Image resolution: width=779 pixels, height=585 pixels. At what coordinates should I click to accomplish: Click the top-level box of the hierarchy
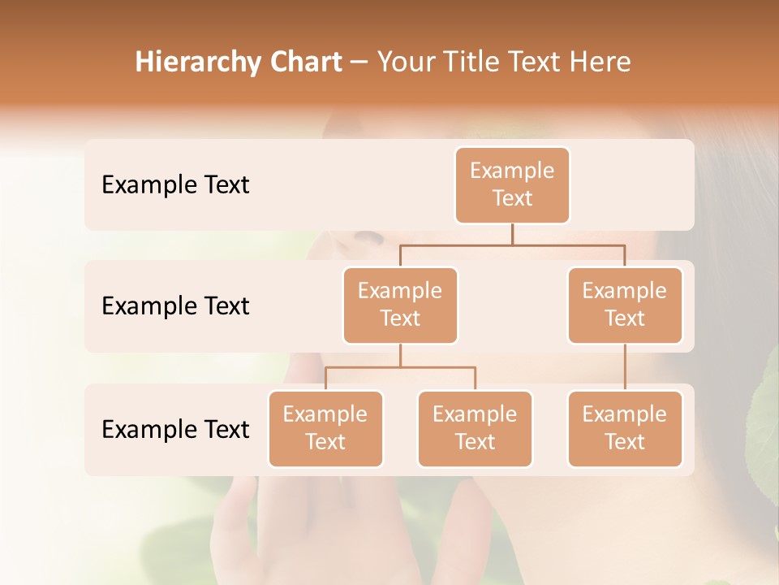tap(512, 185)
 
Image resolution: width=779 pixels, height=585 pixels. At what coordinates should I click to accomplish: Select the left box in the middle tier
tap(400, 305)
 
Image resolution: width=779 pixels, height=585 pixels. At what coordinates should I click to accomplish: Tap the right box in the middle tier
tap(625, 305)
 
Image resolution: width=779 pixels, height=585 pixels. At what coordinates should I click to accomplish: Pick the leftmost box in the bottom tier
tap(325, 429)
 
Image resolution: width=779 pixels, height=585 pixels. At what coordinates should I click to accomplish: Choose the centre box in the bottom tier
tap(475, 429)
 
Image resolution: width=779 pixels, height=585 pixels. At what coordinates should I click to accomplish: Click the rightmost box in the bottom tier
tap(625, 429)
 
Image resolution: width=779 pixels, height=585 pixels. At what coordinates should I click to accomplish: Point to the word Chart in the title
tap(305, 62)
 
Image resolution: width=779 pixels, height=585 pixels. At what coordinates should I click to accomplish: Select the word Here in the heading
tap(600, 62)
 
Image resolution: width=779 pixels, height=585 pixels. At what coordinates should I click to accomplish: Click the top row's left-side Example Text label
tap(175, 185)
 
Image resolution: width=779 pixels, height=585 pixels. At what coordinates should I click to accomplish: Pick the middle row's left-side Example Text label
tap(175, 306)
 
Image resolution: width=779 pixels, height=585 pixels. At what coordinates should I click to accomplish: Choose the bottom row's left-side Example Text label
tap(175, 429)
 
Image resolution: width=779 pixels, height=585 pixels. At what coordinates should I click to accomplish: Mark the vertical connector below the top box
tap(512, 234)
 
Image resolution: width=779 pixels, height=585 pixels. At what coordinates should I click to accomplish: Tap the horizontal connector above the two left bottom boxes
tap(400, 367)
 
